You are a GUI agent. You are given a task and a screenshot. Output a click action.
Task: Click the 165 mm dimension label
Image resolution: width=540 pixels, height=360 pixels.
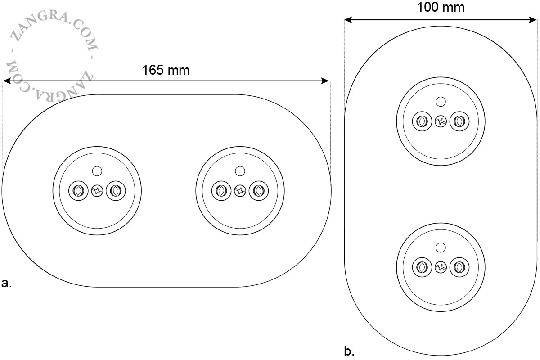click(x=166, y=70)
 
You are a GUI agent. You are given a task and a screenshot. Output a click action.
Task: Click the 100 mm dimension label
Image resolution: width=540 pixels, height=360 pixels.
click(x=441, y=7)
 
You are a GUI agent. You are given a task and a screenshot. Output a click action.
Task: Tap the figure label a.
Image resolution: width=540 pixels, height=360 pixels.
click(x=6, y=283)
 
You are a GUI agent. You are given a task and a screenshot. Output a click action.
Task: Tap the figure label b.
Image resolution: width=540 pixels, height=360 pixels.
click(x=349, y=351)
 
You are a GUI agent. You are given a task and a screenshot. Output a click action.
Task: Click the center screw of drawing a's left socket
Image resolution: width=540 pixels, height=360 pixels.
click(x=97, y=191)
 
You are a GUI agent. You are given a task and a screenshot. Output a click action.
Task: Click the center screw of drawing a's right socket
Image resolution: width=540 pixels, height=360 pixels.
click(x=240, y=191)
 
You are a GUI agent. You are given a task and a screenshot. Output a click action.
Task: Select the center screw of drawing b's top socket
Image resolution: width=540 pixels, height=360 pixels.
click(x=441, y=121)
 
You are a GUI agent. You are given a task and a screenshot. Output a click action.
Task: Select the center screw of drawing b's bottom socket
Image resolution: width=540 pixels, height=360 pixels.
click(x=441, y=267)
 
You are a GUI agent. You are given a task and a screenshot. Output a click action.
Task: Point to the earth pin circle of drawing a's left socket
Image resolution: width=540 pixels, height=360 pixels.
click(x=97, y=171)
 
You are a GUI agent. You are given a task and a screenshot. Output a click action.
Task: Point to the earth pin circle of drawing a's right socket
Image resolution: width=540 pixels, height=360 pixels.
click(x=240, y=171)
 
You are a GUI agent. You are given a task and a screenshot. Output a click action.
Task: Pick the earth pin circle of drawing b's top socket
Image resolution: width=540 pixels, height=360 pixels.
click(x=441, y=102)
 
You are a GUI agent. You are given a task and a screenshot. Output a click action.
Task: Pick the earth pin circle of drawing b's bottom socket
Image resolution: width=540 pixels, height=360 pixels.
click(x=441, y=247)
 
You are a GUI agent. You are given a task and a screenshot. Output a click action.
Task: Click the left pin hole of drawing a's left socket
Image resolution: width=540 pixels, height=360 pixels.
click(x=78, y=191)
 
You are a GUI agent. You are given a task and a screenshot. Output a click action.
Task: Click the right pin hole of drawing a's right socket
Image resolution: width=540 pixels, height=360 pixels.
click(x=259, y=191)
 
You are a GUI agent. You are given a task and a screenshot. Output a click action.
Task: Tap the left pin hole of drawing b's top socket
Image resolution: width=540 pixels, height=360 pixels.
click(x=422, y=121)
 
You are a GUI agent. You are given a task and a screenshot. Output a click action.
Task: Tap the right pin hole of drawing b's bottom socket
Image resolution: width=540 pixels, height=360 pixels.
click(x=459, y=267)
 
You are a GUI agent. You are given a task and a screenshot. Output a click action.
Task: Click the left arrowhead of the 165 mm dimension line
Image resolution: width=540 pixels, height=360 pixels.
click(x=6, y=81)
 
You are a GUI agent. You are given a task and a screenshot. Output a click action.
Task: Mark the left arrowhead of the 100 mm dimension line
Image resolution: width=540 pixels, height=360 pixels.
click(x=349, y=20)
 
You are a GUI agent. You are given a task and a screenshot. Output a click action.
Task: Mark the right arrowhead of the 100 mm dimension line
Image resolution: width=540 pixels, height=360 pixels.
click(x=532, y=20)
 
